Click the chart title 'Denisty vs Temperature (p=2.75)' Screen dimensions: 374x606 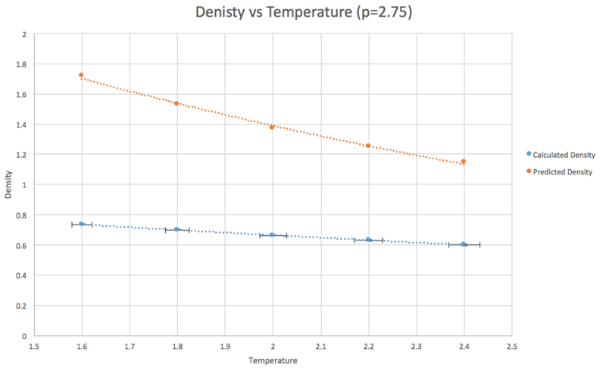303,13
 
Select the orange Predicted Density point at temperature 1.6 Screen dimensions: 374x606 81,75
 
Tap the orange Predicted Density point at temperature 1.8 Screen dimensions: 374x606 176,103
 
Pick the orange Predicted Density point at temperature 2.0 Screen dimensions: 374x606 272,127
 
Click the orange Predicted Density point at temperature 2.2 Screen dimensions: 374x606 368,146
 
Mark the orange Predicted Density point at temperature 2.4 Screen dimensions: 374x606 464,162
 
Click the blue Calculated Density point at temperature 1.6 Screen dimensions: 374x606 81,224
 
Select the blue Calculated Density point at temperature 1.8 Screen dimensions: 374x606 176,229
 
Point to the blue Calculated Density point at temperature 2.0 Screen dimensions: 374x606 272,235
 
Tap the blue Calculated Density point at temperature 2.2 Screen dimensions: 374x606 368,240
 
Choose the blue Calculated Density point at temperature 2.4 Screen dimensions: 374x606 464,244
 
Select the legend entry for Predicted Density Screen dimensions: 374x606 562,172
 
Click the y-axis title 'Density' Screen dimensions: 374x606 8,185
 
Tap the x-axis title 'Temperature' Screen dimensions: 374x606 272,360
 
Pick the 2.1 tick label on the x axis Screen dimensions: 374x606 320,347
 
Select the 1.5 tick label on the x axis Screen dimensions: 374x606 33,347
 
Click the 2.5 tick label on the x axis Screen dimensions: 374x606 511,347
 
